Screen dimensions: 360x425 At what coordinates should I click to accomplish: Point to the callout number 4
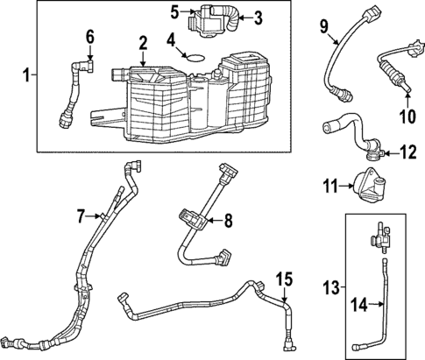coord(172,39)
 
